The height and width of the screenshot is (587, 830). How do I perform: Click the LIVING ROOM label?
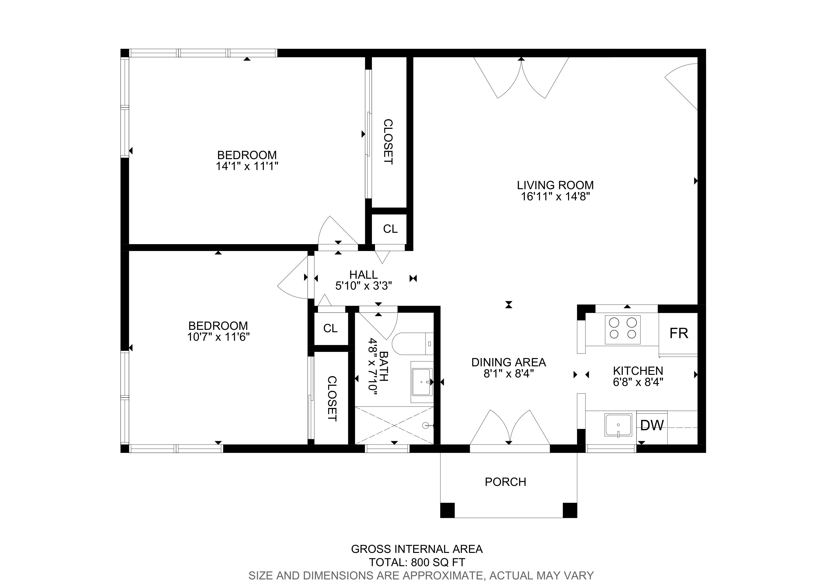555,185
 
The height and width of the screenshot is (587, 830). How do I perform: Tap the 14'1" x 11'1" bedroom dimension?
247,166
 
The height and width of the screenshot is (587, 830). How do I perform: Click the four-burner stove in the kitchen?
622,329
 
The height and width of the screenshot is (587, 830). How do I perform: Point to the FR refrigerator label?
679,333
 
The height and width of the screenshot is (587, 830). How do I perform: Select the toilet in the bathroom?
412,344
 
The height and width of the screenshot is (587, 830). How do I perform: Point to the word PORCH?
505,482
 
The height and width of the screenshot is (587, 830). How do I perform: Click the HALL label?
363,274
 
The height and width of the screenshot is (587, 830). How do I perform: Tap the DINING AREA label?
509,362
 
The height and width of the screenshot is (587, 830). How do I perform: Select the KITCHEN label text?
638,371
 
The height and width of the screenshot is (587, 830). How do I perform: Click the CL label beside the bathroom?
330,328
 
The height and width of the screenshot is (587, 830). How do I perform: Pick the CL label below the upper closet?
390,229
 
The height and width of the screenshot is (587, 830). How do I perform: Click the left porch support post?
447,510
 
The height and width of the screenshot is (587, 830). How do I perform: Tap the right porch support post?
570,510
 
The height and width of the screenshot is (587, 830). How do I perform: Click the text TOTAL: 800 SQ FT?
417,562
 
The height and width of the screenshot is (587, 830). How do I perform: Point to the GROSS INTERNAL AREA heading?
417,549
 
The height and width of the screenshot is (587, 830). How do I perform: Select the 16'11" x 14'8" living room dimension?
555,197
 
